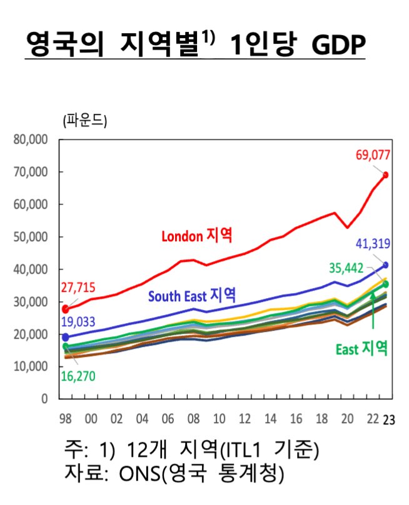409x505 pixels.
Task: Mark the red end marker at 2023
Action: [385, 175]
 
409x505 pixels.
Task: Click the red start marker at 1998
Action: [66, 309]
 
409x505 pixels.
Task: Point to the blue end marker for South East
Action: [385, 265]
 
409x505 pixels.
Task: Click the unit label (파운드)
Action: [85, 121]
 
